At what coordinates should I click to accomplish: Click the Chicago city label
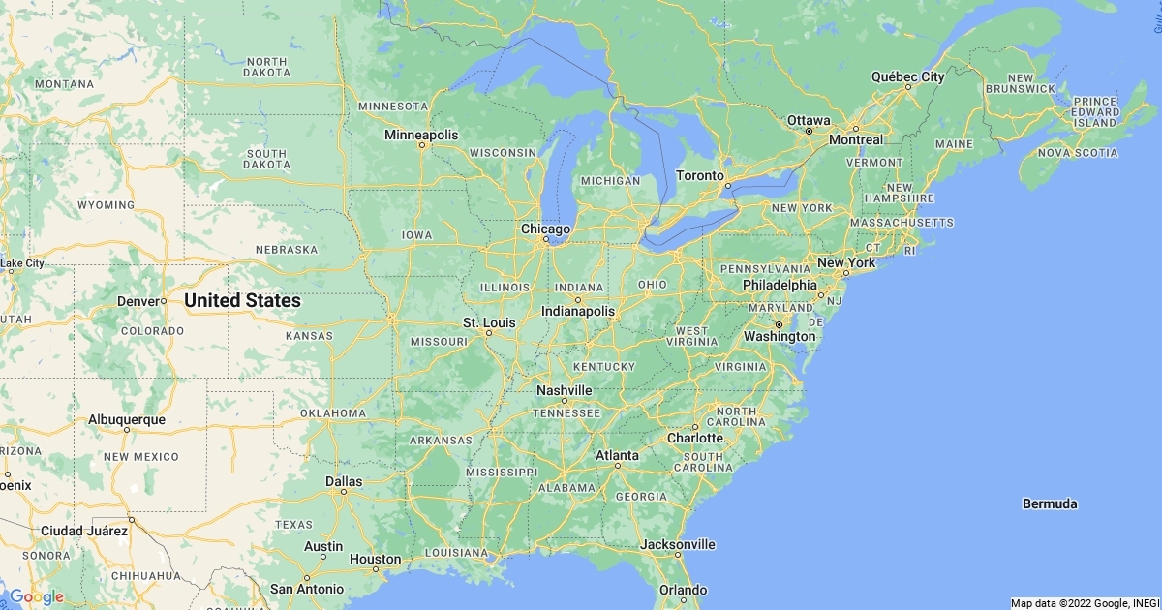[546, 229]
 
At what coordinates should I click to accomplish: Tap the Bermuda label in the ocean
[1050, 503]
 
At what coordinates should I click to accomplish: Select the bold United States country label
[242, 301]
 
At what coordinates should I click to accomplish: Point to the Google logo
[36, 596]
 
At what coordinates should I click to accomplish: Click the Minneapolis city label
[421, 135]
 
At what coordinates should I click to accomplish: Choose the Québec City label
[907, 76]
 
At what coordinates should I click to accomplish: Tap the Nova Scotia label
[1077, 153]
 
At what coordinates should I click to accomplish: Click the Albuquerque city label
[127, 419]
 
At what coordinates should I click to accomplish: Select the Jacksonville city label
[678, 544]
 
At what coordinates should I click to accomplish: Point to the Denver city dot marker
[164, 301]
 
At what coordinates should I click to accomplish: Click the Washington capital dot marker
[778, 323]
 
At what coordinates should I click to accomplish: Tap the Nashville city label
[565, 389]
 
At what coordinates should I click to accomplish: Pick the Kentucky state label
[603, 367]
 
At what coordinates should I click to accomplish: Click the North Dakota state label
[266, 67]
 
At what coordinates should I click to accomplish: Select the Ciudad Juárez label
[84, 531]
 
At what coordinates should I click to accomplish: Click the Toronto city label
[699, 175]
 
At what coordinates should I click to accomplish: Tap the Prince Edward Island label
[1095, 111]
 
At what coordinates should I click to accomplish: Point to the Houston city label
[375, 559]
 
